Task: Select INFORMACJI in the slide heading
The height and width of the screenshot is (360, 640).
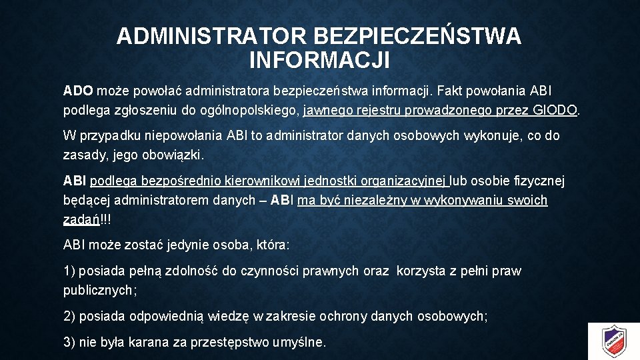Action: click(x=319, y=61)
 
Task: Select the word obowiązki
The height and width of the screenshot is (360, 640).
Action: click(x=174, y=155)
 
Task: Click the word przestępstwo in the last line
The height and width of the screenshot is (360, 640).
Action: click(x=230, y=343)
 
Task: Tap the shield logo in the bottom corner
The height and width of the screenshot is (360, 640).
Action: click(x=614, y=341)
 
